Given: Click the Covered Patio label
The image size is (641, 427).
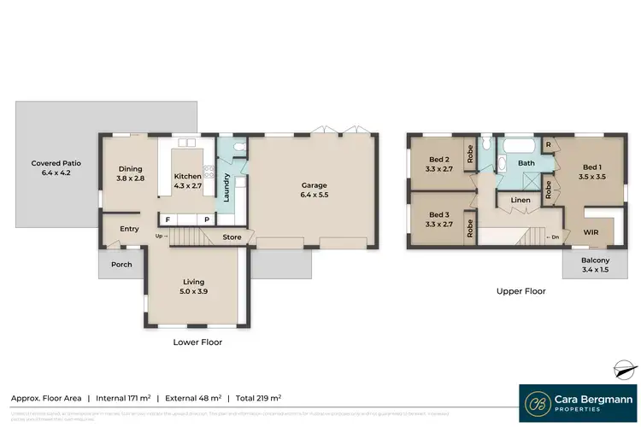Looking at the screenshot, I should (52, 167).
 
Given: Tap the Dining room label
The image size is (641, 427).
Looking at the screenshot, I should (130, 173).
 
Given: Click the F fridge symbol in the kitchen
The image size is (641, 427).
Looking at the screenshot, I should (168, 219).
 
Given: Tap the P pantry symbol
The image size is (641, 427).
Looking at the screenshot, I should (206, 219).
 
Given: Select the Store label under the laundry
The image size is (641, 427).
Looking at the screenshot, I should (232, 237).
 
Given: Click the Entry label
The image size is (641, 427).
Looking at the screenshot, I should (129, 228).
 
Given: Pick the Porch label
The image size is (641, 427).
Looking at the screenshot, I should (122, 264).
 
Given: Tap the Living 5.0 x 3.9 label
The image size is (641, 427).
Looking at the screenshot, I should (195, 285).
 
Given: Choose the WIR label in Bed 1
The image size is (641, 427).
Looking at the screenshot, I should (591, 231).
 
